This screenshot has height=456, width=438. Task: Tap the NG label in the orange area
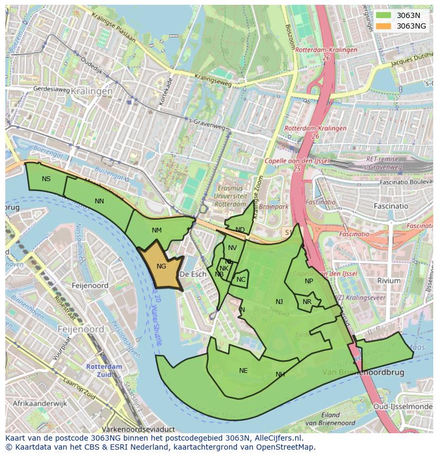tap(161, 266)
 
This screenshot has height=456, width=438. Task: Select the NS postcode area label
tap(47, 179)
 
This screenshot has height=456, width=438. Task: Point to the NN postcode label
tap(99, 201)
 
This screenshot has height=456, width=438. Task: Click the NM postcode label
tap(157, 230)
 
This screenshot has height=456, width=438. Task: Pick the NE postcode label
tap(243, 371)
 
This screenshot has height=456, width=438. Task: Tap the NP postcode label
tap(309, 281)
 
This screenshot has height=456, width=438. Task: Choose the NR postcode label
tap(307, 302)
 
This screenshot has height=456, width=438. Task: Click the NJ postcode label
tap(279, 302)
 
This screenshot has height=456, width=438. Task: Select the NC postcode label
tap(241, 280)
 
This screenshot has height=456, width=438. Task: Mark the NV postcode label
tap(232, 248)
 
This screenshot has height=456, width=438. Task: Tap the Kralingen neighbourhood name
tap(90, 91)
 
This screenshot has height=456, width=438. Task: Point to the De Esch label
tap(192, 274)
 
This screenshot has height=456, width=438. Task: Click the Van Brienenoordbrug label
tap(371, 372)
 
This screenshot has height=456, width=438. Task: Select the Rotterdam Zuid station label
tap(104, 370)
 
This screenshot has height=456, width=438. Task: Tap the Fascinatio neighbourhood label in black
tap(390, 206)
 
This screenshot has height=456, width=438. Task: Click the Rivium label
tap(389, 281)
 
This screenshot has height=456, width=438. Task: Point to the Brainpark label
tap(273, 207)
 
